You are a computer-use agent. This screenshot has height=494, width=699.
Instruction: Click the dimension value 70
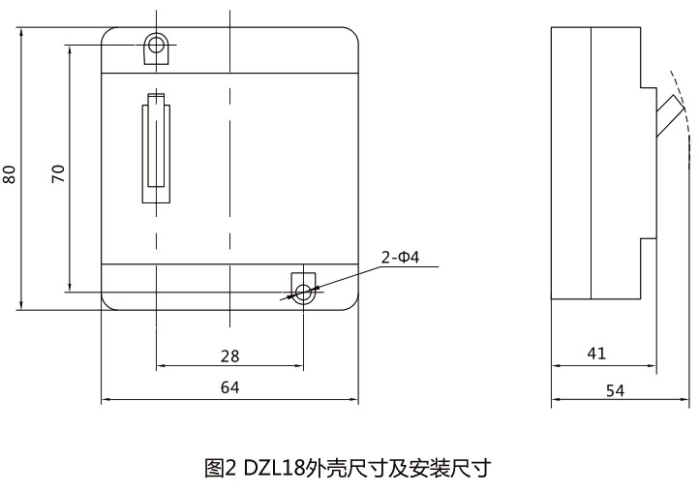point(57,173)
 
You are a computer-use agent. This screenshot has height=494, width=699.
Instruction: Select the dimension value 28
point(229,356)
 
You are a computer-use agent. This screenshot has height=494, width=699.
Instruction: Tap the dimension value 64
point(229,387)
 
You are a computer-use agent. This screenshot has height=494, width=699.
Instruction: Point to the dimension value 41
point(596,354)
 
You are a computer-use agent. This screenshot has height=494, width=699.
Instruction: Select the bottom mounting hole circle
point(304,292)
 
